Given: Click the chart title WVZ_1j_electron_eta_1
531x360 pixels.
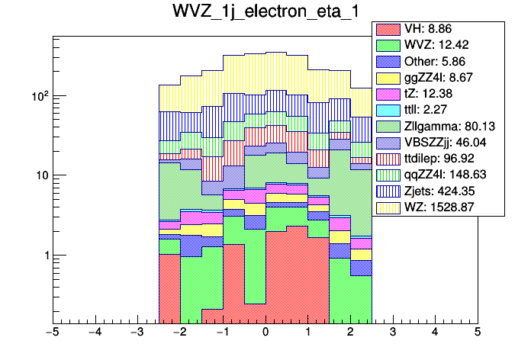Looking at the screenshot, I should coord(265,14).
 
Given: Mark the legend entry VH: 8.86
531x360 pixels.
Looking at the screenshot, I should coord(437,28).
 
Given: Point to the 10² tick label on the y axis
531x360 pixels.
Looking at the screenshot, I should coord(39,96).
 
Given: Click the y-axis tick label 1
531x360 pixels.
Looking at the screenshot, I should coord(45,256).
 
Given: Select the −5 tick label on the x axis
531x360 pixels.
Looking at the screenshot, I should coord(51,333).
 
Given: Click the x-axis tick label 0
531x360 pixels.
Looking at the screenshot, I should coord(265,333).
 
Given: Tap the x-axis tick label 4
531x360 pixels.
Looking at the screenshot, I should coord(435,333).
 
